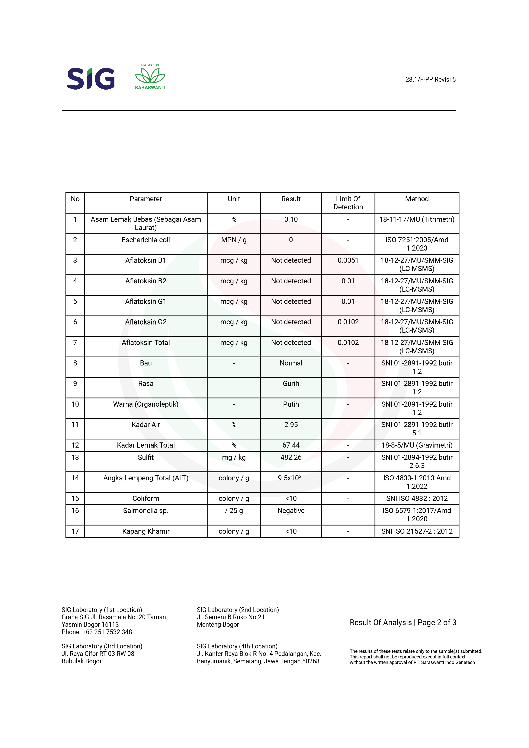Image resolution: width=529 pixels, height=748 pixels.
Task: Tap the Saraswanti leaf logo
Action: pos(150,77)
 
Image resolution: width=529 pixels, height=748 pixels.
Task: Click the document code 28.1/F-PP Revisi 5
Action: pos(430,80)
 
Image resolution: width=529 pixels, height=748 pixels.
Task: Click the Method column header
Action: pos(417,199)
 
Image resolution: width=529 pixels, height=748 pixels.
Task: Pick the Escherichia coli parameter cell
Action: pos(146,240)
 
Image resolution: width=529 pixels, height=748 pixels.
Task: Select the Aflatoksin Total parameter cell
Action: pos(146,343)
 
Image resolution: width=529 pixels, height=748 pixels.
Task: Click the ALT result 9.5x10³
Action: pos(289,478)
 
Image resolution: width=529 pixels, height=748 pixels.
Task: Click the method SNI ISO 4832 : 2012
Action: pos(417,499)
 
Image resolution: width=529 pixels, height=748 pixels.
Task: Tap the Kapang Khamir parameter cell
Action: pos(146,531)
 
